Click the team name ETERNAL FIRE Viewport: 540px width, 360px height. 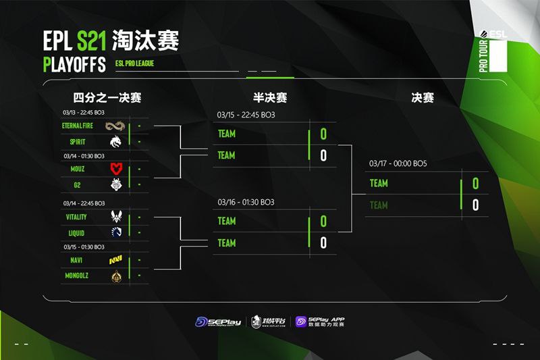(x=76, y=126)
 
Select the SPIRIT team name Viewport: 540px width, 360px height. (x=76, y=142)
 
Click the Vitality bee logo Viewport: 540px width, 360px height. (x=116, y=216)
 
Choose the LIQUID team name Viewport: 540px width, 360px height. (x=76, y=232)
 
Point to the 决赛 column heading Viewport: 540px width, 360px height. (x=423, y=98)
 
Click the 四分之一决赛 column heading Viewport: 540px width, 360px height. (x=107, y=98)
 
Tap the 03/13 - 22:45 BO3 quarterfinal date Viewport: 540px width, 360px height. (x=84, y=112)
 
